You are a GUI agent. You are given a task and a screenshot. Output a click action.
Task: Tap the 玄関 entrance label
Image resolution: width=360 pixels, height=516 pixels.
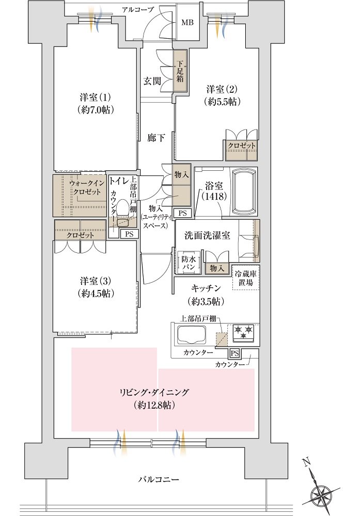(x=152, y=81)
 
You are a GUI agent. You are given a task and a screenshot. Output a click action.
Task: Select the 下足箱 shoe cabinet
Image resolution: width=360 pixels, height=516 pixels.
(x=180, y=71)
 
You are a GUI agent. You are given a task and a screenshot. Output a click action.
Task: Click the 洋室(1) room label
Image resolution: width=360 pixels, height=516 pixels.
(x=95, y=98)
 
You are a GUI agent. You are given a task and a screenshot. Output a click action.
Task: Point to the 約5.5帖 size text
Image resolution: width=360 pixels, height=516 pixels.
(x=222, y=101)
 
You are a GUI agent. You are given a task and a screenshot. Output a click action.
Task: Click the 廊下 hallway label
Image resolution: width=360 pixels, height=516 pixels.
(x=156, y=138)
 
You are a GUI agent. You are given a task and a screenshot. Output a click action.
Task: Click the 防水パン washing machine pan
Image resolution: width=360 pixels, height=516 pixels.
(x=189, y=263)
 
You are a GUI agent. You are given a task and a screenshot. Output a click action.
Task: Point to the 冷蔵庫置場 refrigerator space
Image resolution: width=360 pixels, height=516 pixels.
(x=246, y=278)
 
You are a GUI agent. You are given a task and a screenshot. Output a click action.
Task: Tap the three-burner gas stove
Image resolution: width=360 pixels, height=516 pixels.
(x=243, y=331)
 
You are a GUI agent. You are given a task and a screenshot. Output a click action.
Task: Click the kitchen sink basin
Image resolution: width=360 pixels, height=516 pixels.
(x=192, y=334)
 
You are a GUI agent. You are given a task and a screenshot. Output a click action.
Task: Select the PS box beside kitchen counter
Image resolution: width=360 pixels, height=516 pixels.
(x=234, y=353)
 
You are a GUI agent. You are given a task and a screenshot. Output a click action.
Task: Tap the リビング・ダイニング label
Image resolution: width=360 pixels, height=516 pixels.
(x=154, y=392)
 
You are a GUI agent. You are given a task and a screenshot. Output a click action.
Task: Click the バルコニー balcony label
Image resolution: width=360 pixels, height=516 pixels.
(x=159, y=479)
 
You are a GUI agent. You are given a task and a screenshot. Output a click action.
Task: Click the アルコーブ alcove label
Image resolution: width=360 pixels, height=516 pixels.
(x=138, y=10)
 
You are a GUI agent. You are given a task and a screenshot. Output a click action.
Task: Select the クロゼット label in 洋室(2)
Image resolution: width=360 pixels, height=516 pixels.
(x=241, y=146)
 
